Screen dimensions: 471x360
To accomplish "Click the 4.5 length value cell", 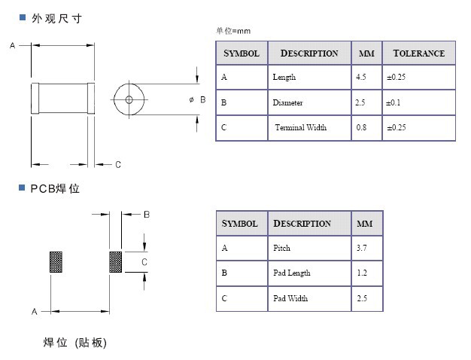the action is point(366,78).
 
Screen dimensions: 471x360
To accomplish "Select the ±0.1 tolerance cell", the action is point(419,103).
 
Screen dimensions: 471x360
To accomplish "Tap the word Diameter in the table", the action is point(287,103).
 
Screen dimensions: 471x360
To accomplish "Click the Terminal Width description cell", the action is point(309,128).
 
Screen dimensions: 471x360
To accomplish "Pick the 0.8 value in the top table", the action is point(361,127).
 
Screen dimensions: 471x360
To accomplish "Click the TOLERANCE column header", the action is point(419,53).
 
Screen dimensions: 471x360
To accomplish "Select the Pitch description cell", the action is point(309,248).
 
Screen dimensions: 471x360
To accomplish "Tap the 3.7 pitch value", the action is point(362,248).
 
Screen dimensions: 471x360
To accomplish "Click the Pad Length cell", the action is point(309,273).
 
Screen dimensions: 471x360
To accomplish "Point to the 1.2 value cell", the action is point(366,273).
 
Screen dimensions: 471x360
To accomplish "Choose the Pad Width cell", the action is point(309,299).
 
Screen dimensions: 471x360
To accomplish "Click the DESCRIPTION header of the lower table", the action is point(302,224).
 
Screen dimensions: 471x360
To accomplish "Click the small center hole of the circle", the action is point(129,99).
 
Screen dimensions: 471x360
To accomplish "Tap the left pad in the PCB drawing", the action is point(56,262).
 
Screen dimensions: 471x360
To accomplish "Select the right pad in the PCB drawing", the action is point(116,262).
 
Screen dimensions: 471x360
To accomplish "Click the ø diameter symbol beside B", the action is point(192,99).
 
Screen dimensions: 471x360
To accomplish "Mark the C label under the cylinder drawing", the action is point(118,164).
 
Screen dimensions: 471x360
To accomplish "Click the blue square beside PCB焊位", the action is point(22,188).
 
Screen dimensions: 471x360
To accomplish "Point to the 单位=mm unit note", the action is point(233,31).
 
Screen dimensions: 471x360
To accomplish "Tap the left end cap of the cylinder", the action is point(35,99).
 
